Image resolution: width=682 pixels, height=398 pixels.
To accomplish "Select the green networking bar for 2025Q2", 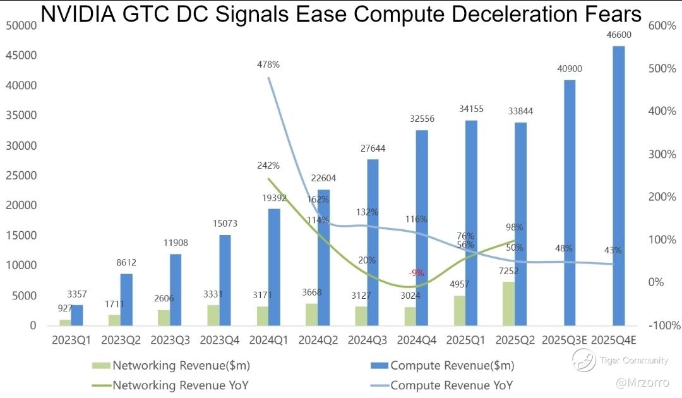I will [x=508, y=303].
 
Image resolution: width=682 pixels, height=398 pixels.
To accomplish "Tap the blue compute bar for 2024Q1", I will [x=274, y=267].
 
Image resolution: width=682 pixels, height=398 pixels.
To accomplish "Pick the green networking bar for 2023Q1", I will [x=65, y=322].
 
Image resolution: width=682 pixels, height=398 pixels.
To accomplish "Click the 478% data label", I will [x=268, y=64].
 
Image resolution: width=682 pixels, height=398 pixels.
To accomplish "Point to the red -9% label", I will [x=416, y=272].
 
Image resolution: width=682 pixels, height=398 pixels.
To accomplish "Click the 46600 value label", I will [x=618, y=35].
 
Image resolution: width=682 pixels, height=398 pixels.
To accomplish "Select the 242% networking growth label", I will [x=268, y=166].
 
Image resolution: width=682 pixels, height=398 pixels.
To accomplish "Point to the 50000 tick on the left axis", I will [x=21, y=25].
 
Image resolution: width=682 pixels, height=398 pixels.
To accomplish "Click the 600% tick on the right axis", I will [x=662, y=25].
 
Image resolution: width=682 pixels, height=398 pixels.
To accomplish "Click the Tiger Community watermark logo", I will [x=583, y=361].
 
